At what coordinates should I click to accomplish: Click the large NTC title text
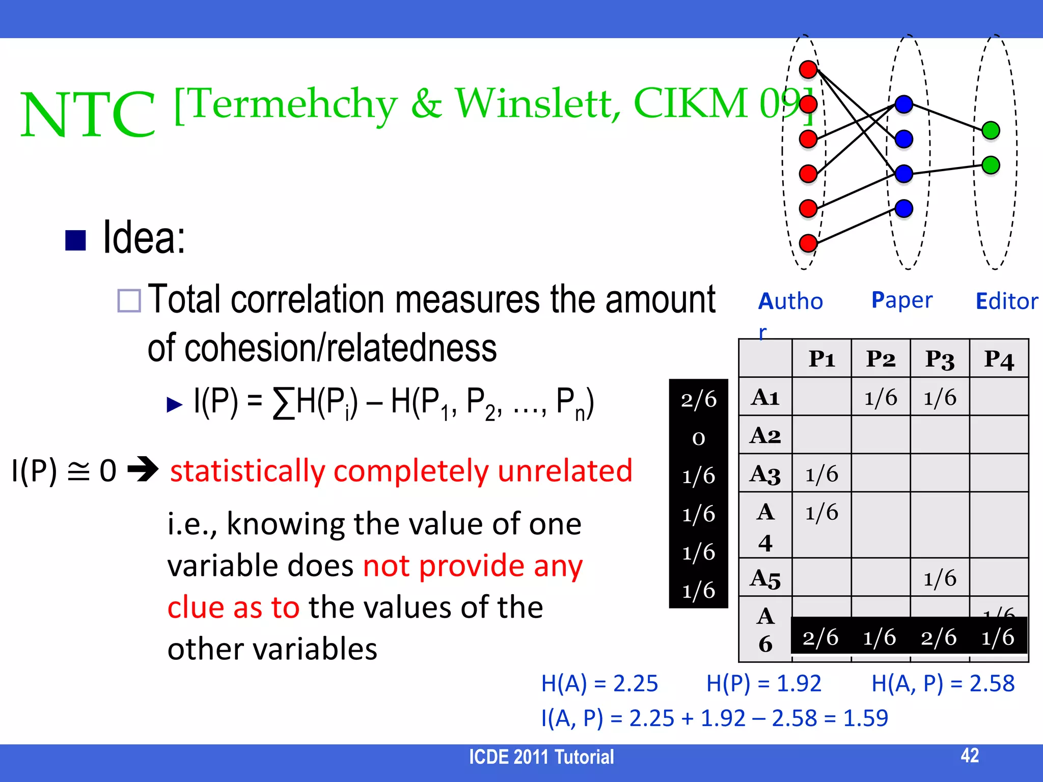click(x=88, y=115)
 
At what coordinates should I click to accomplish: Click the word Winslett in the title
click(x=537, y=104)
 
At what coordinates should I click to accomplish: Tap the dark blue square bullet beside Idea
click(x=75, y=240)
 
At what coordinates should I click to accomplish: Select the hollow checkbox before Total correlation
click(x=129, y=300)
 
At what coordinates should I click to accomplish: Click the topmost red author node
click(x=808, y=70)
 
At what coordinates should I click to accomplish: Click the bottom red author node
click(x=808, y=243)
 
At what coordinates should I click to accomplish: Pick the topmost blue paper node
click(x=904, y=104)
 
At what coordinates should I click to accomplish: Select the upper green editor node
click(x=991, y=130)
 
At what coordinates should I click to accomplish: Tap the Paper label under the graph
click(x=901, y=300)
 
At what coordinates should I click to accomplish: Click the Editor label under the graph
click(x=1006, y=301)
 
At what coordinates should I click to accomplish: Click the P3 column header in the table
click(x=940, y=359)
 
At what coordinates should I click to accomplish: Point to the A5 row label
click(x=765, y=578)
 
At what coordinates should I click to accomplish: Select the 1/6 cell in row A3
click(x=821, y=473)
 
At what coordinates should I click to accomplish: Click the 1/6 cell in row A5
click(x=940, y=578)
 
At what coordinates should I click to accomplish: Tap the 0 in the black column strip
click(x=699, y=438)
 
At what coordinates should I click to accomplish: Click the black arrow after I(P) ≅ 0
click(x=143, y=469)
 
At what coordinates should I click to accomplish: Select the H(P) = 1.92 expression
click(x=763, y=683)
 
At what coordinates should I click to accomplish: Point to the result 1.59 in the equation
click(x=865, y=718)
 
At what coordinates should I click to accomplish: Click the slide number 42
click(x=970, y=755)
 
